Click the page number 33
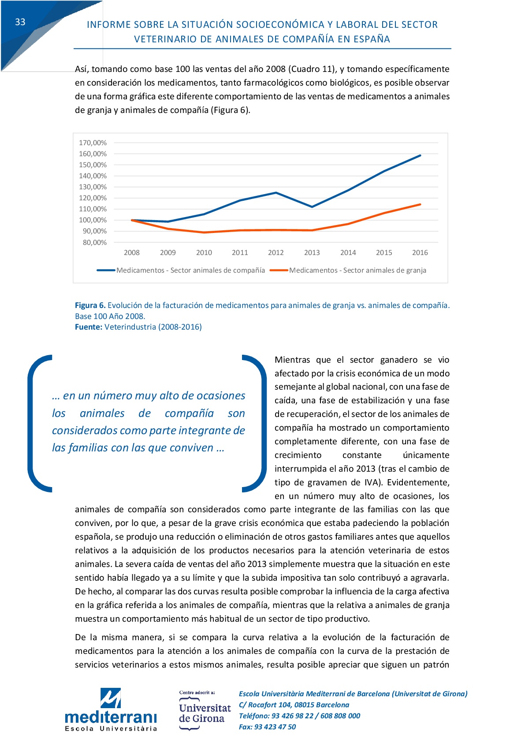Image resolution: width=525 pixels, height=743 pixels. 20,22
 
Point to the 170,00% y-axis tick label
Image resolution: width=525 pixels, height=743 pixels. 93,143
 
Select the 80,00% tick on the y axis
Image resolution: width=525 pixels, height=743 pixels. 94,243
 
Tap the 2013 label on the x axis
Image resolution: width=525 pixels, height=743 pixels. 312,253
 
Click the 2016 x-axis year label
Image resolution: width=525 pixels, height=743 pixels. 420,253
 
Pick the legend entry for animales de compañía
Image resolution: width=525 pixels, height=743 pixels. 181,270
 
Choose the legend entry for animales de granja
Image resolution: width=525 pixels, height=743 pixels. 348,270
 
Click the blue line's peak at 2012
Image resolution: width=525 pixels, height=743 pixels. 276,193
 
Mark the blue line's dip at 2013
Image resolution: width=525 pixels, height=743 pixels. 312,207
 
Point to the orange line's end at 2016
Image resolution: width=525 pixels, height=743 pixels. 420,204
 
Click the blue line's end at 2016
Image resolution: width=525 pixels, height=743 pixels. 420,155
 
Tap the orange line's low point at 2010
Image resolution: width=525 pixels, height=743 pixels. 204,233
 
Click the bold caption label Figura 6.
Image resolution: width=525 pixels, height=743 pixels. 90,305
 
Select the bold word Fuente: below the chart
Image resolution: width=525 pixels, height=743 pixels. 89,327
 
